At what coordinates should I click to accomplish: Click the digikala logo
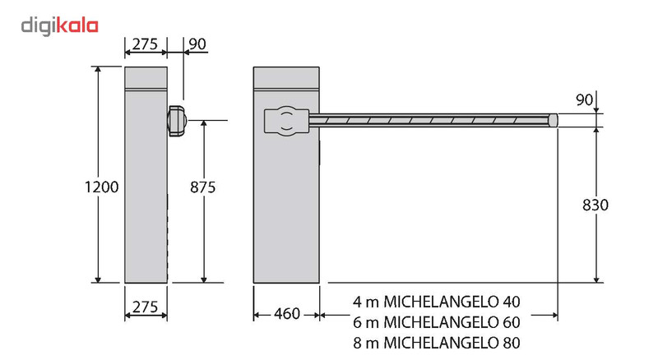pos(59,25)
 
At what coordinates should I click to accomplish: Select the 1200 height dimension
pos(102,187)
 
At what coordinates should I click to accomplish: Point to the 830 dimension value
pos(593,205)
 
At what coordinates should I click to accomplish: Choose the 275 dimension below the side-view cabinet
pos(146,307)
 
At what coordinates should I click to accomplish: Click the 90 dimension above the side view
pos(197,43)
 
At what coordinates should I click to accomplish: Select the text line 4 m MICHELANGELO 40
pos(437,300)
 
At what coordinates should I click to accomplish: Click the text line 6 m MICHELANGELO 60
pos(437,321)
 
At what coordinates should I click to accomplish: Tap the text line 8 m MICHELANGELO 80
pos(437,341)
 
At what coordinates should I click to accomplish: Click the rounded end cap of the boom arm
pos(554,120)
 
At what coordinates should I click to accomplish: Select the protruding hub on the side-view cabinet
pos(177,120)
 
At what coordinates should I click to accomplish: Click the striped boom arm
pos(428,121)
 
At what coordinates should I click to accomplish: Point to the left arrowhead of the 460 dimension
pos(257,313)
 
